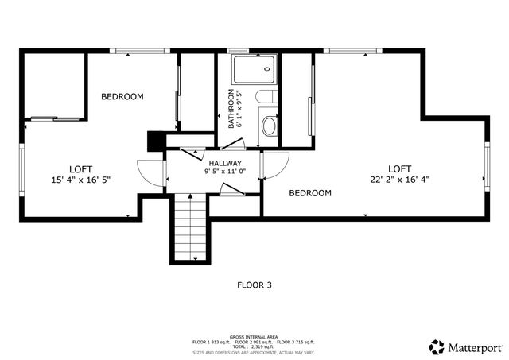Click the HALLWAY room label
(225, 163)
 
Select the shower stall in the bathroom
(254, 71)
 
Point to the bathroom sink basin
(269, 126)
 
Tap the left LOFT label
(80, 168)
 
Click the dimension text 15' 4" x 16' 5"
(80, 180)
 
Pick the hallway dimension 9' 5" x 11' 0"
(225, 172)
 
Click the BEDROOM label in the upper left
(122, 97)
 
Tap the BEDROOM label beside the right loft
(309, 193)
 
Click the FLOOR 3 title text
(254, 284)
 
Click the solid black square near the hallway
(155, 139)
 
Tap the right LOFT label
(400, 168)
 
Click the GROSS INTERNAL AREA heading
(254, 336)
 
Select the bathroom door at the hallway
(232, 144)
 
